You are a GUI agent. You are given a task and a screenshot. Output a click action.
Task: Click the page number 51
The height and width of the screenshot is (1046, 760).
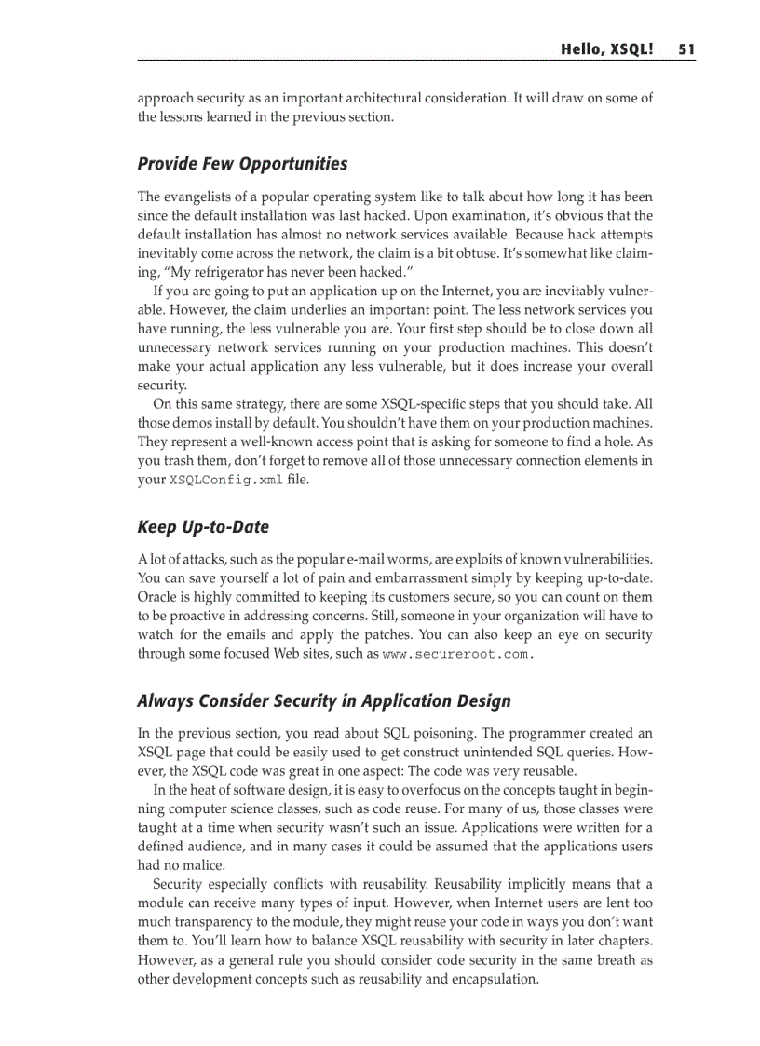(687, 49)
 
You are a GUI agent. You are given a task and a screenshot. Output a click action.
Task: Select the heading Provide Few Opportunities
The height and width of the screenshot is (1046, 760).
(242, 164)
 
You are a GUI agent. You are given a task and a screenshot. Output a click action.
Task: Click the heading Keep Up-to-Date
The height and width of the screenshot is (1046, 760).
(203, 527)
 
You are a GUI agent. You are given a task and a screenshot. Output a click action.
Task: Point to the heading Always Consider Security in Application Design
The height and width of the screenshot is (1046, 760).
(323, 700)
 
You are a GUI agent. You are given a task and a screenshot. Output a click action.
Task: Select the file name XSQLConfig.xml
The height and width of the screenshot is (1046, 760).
(211, 481)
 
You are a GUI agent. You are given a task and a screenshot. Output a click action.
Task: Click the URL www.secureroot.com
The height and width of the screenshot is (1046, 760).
(458, 654)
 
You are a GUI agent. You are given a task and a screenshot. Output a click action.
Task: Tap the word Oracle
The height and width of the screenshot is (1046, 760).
(158, 597)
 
